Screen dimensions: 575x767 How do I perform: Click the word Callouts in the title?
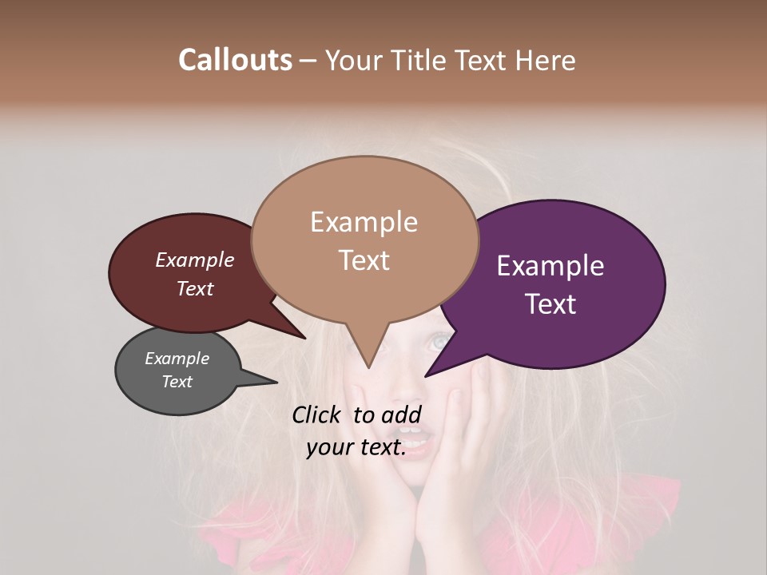tap(235, 60)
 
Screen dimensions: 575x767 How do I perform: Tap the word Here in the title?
tap(546, 60)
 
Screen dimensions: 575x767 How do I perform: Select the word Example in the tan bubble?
tap(364, 222)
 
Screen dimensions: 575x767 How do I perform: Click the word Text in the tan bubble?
tap(364, 260)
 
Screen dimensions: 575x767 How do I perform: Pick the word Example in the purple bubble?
tap(550, 266)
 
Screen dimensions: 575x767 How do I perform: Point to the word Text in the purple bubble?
tap(550, 304)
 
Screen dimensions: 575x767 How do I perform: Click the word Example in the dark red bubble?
tap(194, 260)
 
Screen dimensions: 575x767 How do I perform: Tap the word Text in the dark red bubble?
tap(194, 288)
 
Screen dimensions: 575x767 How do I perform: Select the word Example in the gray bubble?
tap(177, 359)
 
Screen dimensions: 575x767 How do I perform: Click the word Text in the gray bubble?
tap(177, 382)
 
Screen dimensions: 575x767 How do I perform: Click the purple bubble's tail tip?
tap(426, 375)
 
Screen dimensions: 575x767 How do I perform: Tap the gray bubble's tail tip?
tap(276, 383)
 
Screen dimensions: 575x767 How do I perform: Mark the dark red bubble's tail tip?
tap(305, 338)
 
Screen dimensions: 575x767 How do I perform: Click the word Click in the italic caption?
tap(316, 414)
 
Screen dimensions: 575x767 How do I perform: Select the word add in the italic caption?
tap(401, 414)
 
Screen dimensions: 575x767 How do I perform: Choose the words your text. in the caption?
tap(356, 448)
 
